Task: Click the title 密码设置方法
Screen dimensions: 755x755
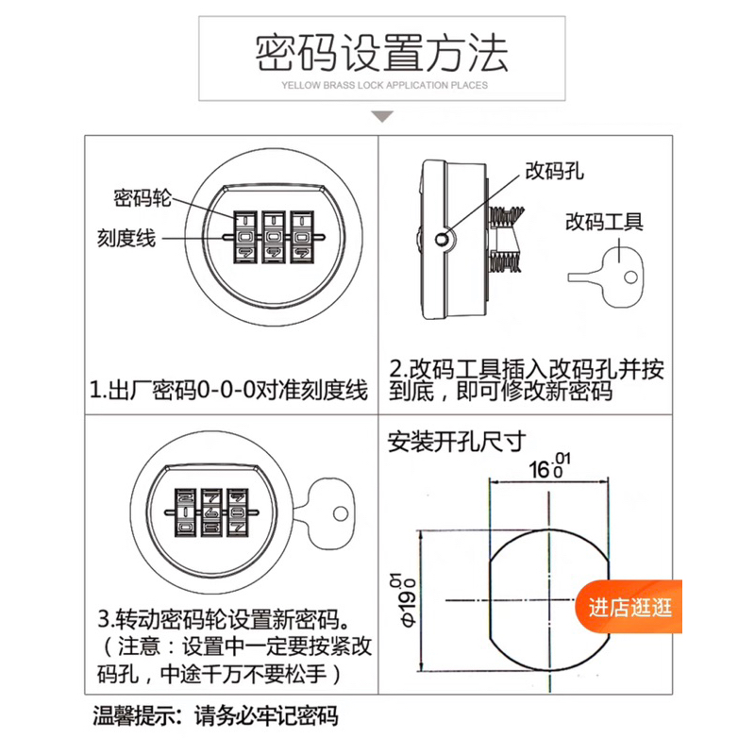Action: pyautogui.click(x=381, y=54)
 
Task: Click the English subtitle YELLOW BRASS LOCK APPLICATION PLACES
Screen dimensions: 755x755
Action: pyautogui.click(x=384, y=85)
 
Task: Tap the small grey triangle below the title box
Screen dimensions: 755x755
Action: pyautogui.click(x=382, y=116)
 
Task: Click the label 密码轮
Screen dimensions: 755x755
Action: pyautogui.click(x=143, y=197)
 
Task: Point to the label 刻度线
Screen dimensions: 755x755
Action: pyautogui.click(x=126, y=238)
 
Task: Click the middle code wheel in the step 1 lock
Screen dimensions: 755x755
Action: pyautogui.click(x=274, y=237)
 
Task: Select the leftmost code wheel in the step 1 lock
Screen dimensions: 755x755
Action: pyautogui.click(x=245, y=237)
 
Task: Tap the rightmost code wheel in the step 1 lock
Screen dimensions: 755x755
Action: pyautogui.click(x=301, y=237)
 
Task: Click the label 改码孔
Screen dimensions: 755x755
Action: pyautogui.click(x=554, y=171)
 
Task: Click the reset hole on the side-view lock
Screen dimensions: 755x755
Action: pyautogui.click(x=442, y=239)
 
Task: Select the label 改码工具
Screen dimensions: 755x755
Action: pyautogui.click(x=604, y=222)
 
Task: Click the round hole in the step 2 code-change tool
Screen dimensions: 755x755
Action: pyautogui.click(x=630, y=277)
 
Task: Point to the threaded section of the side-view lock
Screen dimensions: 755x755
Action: pyautogui.click(x=506, y=240)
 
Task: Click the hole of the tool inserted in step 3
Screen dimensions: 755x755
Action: pyautogui.click(x=341, y=513)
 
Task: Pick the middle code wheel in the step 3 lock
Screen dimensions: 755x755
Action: pyautogui.click(x=212, y=512)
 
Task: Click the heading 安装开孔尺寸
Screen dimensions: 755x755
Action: pyautogui.click(x=457, y=441)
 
